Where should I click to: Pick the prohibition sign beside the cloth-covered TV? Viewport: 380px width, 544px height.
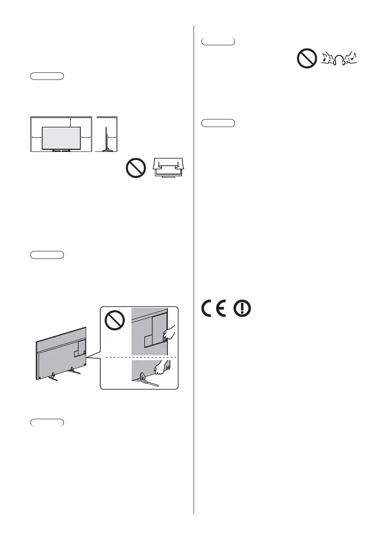[x=136, y=169]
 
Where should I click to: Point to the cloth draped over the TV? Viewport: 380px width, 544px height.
[x=170, y=166]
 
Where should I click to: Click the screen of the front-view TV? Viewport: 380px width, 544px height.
[x=61, y=137]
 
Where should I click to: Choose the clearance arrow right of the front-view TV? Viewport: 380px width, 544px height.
[x=85, y=137]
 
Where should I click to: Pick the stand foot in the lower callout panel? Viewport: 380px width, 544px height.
[x=147, y=380]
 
